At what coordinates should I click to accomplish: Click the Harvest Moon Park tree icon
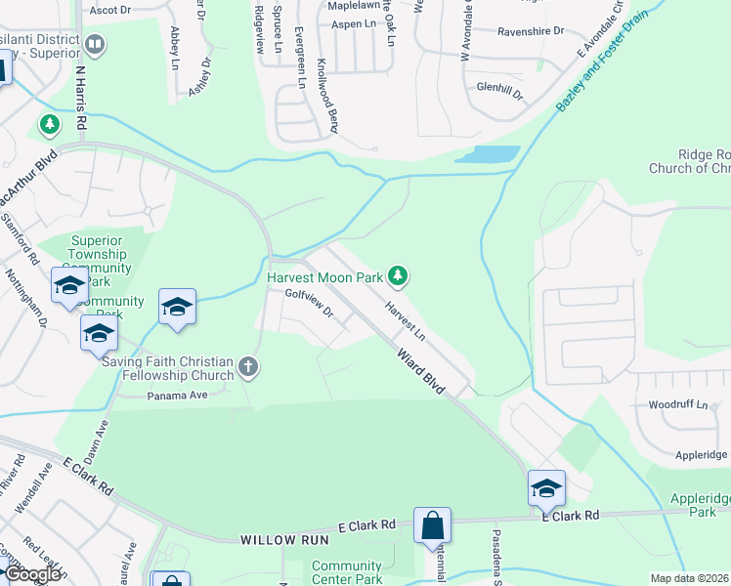coord(397,277)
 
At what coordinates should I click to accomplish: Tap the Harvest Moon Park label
coord(324,277)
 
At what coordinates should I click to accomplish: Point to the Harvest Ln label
coord(405,321)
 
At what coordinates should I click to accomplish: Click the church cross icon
coord(249,366)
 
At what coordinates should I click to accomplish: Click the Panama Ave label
coord(178,396)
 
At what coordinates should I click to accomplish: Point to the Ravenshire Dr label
coord(531,31)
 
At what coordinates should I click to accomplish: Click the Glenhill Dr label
coord(500,91)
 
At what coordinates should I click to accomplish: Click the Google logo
coord(32,574)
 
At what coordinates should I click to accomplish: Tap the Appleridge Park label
coord(700,504)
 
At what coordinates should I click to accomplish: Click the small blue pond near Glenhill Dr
coord(487,154)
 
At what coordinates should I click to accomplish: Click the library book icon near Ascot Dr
coord(95,44)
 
